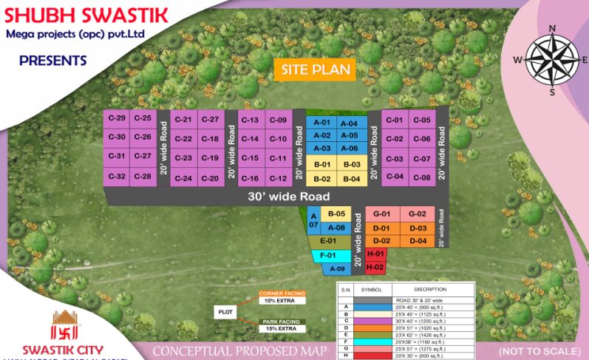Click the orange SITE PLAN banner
[315, 70]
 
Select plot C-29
[116, 119]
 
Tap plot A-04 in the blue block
[349, 123]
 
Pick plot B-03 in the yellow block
[351, 164]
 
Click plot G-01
[381, 214]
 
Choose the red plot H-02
[375, 267]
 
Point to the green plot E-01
[328, 241]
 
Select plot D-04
[418, 241]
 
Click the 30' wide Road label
[277, 197]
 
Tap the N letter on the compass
[552, 29]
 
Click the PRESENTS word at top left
[52, 61]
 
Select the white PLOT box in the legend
[225, 312]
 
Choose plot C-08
[422, 177]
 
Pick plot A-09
[338, 268]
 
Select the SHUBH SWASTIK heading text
[88, 15]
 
